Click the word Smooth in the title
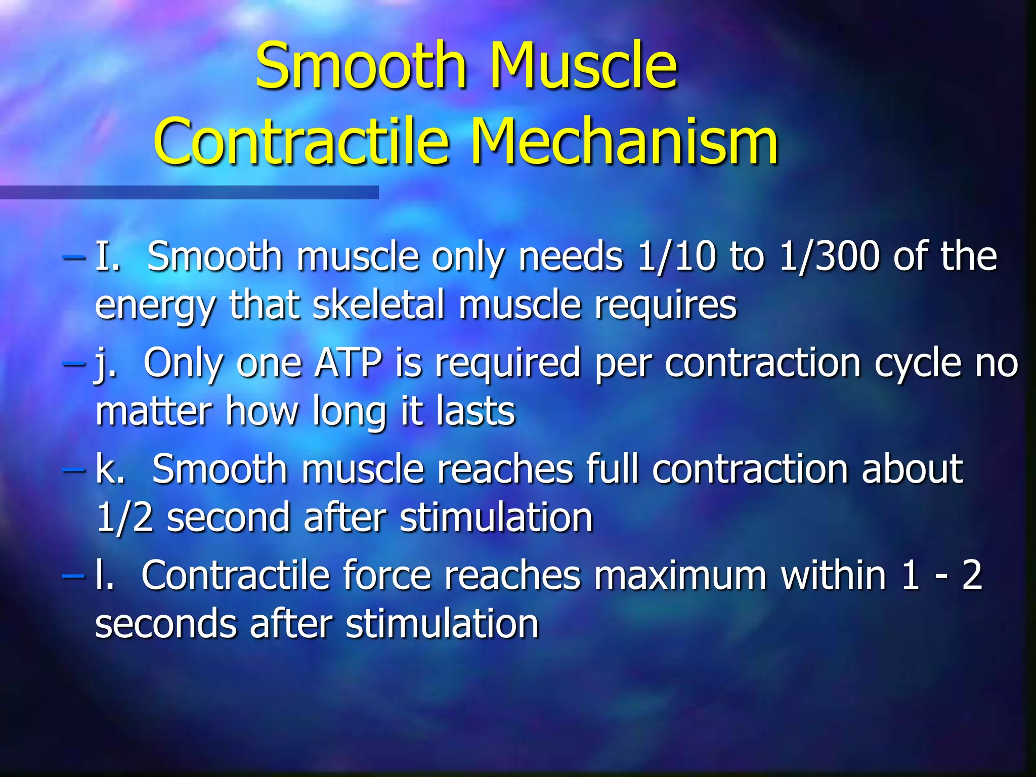360,66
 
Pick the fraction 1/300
830,256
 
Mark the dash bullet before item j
74,363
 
